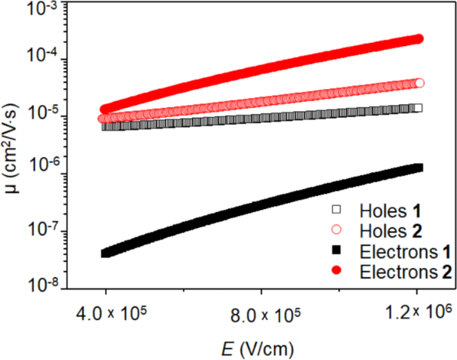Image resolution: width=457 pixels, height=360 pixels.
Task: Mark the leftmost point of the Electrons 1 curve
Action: [106, 253]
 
